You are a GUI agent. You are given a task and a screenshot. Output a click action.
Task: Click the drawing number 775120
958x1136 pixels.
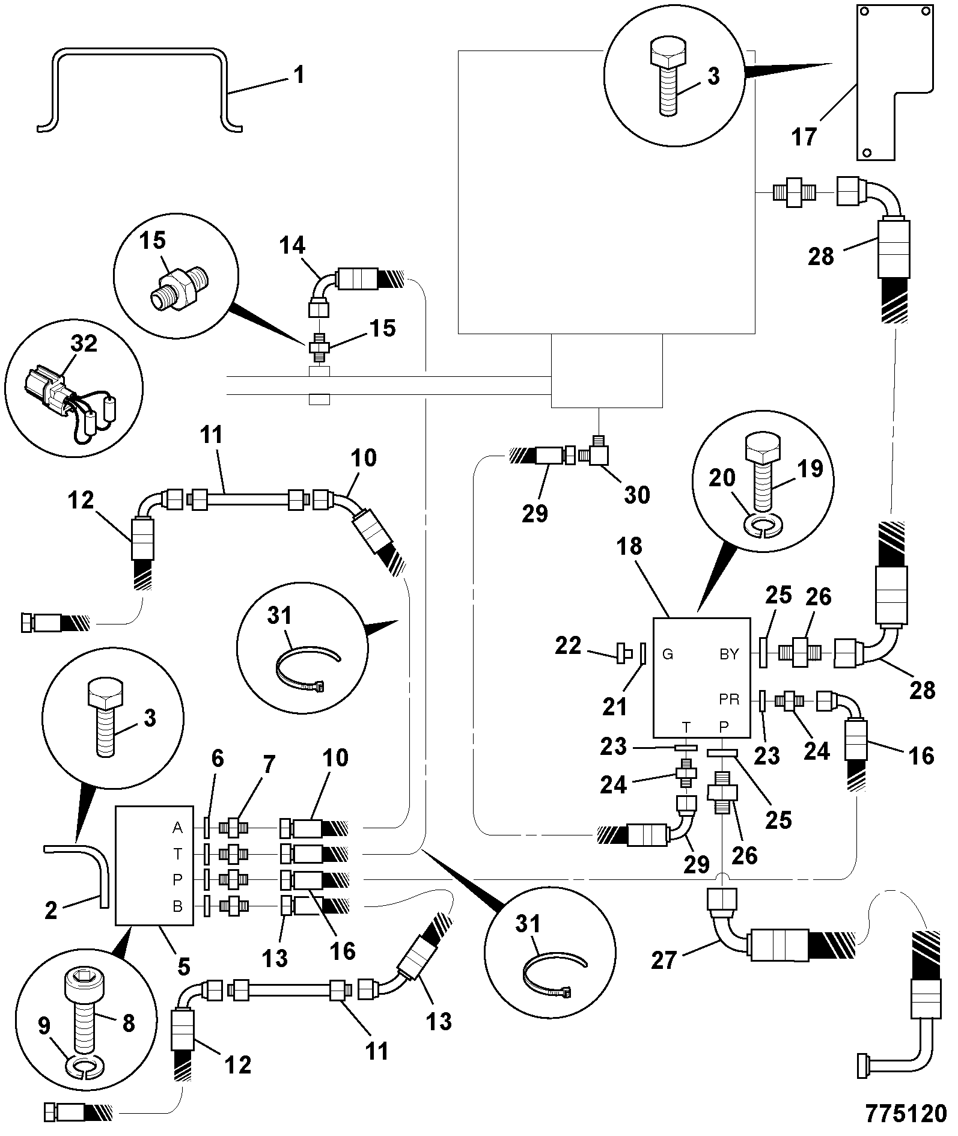(x=906, y=1113)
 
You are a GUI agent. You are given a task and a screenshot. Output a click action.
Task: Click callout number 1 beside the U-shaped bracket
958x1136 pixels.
(x=299, y=75)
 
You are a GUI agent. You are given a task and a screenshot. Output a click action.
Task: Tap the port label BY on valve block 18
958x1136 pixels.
(x=729, y=655)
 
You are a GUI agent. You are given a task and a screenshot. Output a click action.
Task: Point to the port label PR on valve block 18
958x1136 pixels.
(x=729, y=700)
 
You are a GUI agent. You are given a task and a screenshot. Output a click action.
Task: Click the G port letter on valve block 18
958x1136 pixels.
(x=668, y=655)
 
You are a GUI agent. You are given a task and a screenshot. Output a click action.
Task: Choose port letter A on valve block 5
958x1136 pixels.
(x=177, y=828)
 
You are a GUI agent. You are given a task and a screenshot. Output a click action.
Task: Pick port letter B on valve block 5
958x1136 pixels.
(x=177, y=906)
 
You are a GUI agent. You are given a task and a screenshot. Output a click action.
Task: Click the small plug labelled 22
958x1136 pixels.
(x=622, y=652)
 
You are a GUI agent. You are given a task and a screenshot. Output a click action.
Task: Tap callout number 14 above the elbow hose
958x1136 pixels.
(x=292, y=245)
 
